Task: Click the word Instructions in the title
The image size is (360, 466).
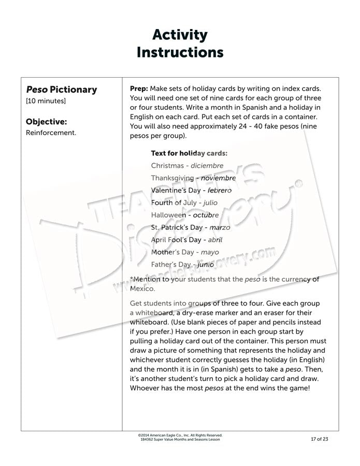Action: [180, 52]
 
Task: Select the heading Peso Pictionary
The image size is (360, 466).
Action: [62, 90]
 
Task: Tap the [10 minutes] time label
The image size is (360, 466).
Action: [46, 101]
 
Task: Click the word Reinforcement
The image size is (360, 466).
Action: [51, 133]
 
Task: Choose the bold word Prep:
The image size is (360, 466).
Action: [139, 89]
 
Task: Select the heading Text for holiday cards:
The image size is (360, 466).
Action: [189, 153]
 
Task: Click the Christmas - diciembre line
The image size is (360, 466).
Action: [187, 166]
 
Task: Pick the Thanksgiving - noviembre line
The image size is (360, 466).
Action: [193, 178]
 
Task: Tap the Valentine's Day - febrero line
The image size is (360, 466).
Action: [191, 190]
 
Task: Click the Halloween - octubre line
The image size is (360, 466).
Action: [185, 215]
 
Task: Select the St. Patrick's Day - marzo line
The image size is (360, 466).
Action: [191, 227]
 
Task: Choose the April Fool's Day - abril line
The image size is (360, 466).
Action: [186, 240]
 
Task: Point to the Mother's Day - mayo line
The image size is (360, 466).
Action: [185, 252]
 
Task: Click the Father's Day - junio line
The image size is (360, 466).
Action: [182, 264]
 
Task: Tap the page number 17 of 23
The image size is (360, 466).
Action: [318, 439]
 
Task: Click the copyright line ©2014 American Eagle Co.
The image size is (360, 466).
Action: [180, 435]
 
